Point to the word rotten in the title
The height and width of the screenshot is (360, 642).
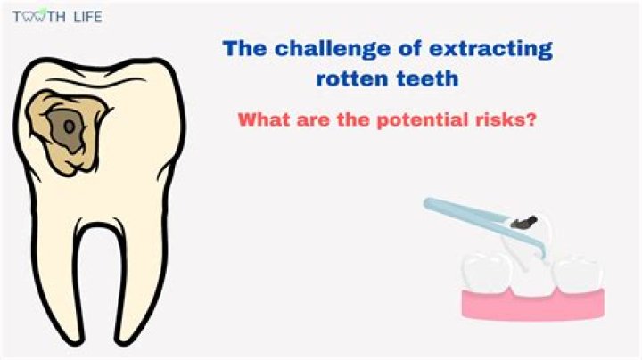tap(350, 78)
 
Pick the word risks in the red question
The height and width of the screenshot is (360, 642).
tap(506, 119)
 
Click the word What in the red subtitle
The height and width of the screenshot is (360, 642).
tap(262, 119)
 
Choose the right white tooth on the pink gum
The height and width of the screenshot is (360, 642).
tap(580, 272)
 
